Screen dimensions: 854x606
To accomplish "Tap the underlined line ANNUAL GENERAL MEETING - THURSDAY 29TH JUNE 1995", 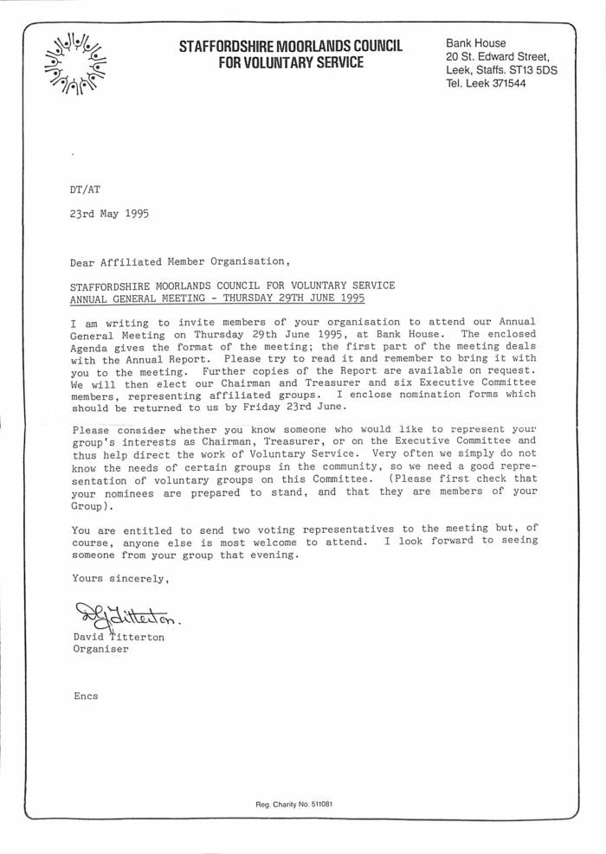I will [218, 298].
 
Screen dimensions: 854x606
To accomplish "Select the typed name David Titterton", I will [119, 637].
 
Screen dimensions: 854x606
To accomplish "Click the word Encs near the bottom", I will [85, 695].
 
